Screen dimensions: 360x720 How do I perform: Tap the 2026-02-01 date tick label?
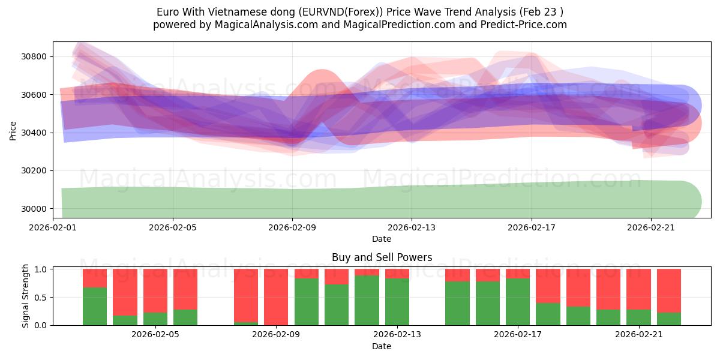pyautogui.click(x=53, y=227)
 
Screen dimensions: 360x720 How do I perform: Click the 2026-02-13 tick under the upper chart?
pyautogui.click(x=412, y=227)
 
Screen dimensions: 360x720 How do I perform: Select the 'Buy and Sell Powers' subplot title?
pyautogui.click(x=382, y=257)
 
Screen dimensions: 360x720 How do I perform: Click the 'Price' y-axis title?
pyautogui.click(x=13, y=130)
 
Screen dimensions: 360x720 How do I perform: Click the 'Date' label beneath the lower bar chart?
pyautogui.click(x=382, y=346)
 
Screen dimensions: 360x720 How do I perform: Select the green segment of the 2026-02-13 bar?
pyautogui.click(x=397, y=302)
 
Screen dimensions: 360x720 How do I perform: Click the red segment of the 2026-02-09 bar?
pyautogui.click(x=276, y=296)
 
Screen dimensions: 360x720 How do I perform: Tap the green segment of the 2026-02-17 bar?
pyautogui.click(x=518, y=302)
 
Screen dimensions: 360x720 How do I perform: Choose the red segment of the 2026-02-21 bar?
pyautogui.click(x=638, y=289)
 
